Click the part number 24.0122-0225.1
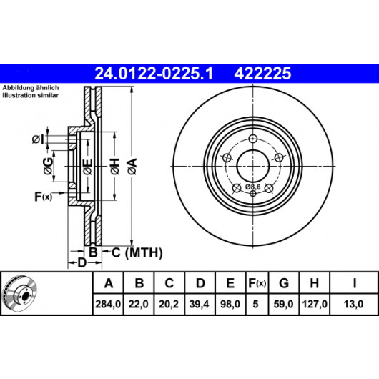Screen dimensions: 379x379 [154, 73]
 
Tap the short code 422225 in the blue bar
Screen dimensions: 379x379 [262, 73]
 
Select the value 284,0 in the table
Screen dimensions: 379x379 [108, 304]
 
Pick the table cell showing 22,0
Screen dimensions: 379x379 [138, 304]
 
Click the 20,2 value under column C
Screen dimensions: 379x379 [169, 304]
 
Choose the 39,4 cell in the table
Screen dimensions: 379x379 [200, 304]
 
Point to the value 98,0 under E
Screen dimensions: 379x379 [230, 304]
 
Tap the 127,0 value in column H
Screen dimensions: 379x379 [315, 304]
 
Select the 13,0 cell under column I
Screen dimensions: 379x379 [354, 304]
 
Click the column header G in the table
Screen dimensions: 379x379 [284, 282]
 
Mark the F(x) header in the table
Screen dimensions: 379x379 [257, 282]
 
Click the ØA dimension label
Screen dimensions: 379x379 [133, 167]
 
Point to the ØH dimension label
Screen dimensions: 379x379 [115, 167]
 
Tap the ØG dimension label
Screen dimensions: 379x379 [48, 166]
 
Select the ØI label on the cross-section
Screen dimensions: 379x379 [38, 139]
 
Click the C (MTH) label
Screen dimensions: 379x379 [137, 253]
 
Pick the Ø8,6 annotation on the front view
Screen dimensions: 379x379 [253, 187]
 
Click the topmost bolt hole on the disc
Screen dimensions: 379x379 [253, 139]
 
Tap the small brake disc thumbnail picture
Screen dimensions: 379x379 [20, 293]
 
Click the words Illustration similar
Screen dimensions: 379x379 [31, 95]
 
